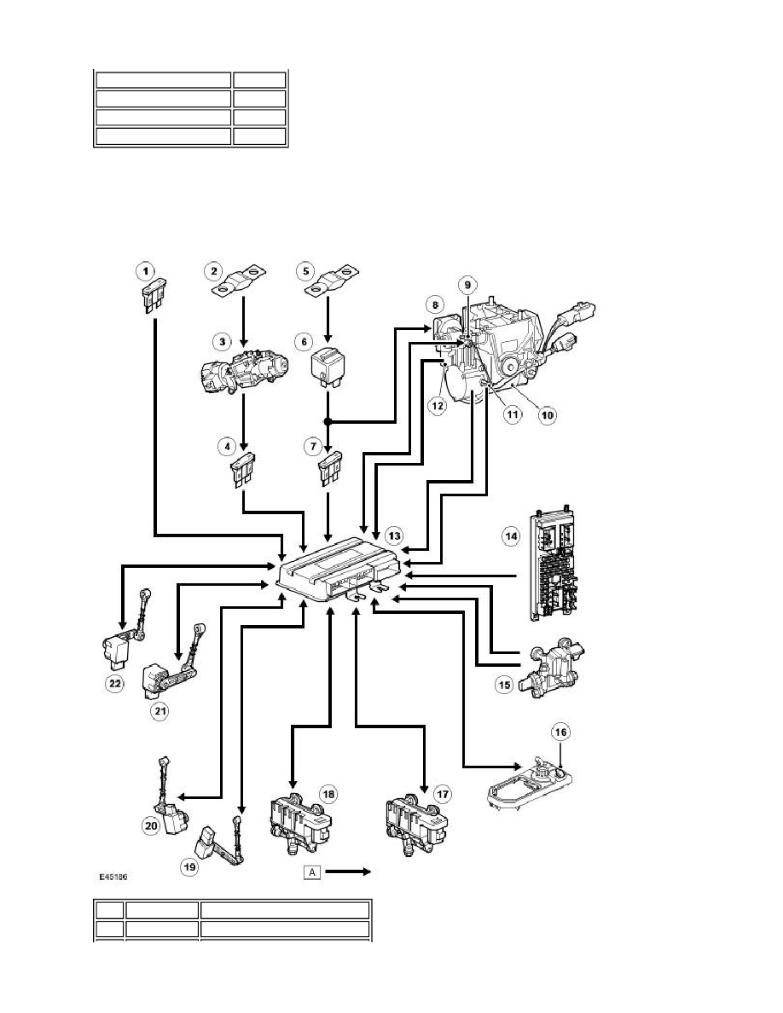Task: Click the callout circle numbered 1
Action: point(145,270)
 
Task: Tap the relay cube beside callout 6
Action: point(328,368)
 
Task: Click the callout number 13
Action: point(393,535)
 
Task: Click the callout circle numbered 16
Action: point(560,732)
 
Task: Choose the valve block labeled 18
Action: point(299,825)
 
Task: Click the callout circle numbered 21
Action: point(159,711)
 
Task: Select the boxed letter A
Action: point(312,872)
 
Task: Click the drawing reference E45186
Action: point(113,877)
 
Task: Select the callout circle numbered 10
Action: point(548,414)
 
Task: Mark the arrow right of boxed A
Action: point(347,872)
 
